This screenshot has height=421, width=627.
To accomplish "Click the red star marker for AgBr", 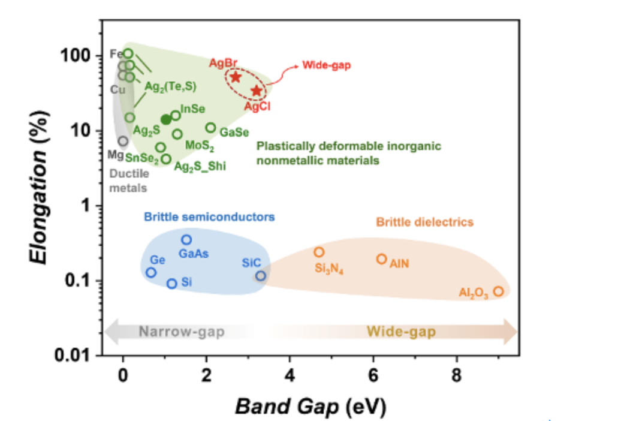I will coord(236,77).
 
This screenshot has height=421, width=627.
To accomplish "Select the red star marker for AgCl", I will coord(257,91).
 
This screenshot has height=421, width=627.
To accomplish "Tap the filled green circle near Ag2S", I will coord(166,119).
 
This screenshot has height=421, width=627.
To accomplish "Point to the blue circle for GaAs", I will coord(186,240).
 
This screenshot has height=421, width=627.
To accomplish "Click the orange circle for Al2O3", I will coord(498,291).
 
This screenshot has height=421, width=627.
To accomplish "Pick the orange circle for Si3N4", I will coord(319,252).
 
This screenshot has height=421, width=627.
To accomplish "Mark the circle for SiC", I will coord(261,276).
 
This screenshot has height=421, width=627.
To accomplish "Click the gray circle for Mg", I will coord(123,142).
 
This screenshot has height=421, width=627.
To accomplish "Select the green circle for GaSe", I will coord(210,128).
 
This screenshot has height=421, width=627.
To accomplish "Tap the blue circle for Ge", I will coord(151,272).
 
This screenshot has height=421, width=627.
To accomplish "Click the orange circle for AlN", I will coord(381,259).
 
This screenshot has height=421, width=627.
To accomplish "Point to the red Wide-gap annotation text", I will coord(327,65).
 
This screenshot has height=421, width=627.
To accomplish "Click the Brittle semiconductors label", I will coord(209,216).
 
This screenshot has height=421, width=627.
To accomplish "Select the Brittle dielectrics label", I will coord(424,222).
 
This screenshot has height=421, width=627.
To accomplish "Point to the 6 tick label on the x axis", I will coord(373,377).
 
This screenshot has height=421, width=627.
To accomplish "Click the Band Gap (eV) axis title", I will coord(311,406).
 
